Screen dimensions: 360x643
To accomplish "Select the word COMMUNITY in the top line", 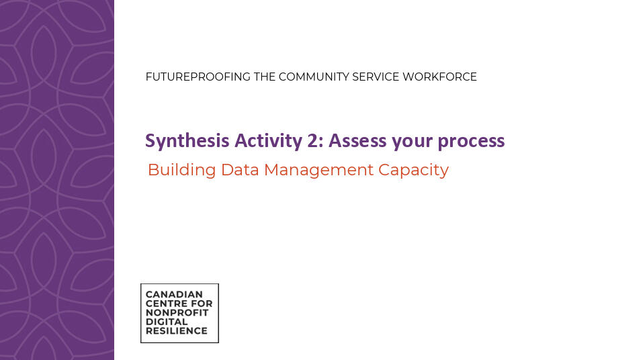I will pos(314,77).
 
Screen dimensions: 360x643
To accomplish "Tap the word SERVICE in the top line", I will pos(376,77).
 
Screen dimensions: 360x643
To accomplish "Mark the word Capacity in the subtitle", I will pos(413,171).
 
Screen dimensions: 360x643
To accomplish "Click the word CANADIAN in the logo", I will pos(174,294).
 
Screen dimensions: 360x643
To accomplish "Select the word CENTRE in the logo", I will pos(169,304).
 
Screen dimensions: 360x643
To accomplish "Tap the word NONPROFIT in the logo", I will pos(179,312).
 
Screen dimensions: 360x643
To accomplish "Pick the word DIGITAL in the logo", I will pos(167,322).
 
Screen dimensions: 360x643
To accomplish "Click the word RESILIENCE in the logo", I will pos(176,331).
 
